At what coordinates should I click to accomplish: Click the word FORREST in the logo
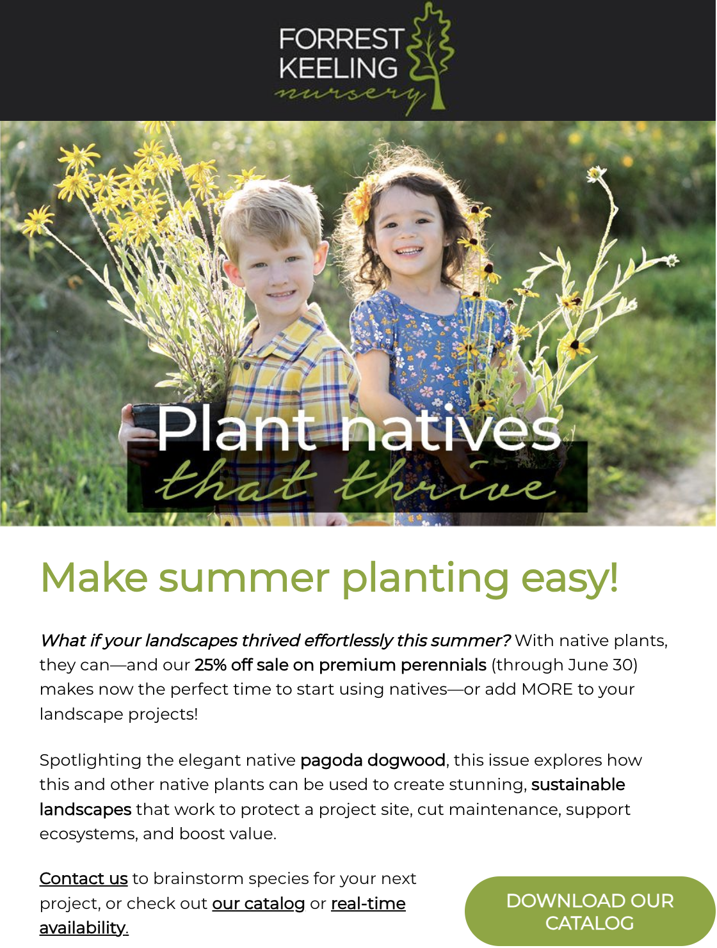(x=341, y=39)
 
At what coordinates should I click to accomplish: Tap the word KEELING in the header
(x=339, y=68)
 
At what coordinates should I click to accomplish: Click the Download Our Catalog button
(x=590, y=912)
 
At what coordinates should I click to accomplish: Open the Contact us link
(x=83, y=878)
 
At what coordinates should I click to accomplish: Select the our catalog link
(x=259, y=903)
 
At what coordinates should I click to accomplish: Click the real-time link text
(x=368, y=903)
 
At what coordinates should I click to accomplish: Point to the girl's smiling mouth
(x=409, y=251)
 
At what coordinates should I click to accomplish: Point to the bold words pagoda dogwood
(x=373, y=761)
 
